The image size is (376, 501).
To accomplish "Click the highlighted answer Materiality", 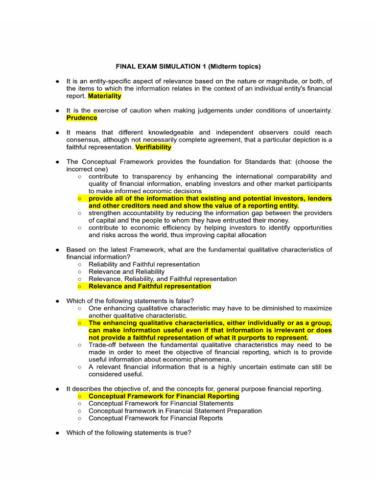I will point(105,96).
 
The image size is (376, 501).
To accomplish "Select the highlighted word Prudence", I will point(82,118).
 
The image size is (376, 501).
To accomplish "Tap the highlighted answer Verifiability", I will point(153,147).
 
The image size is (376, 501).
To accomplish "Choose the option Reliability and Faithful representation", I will point(144,264).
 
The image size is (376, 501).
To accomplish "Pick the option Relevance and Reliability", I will point(126,272).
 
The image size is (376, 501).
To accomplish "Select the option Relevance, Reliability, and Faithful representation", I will point(163,279).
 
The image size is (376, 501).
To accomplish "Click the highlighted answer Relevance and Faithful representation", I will point(150,286).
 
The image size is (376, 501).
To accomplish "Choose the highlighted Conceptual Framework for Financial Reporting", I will point(164,396).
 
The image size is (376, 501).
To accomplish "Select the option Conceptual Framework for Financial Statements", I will point(161,404).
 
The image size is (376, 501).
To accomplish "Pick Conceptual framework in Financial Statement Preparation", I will point(175,411).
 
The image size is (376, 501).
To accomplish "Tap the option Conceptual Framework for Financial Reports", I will point(156,418).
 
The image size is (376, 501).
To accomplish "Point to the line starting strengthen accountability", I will point(210,213).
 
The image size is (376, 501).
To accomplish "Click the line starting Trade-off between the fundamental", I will point(210,345).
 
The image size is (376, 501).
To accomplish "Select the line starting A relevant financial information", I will point(210,367).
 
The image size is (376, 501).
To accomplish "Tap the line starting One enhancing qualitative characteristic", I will point(210,308).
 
